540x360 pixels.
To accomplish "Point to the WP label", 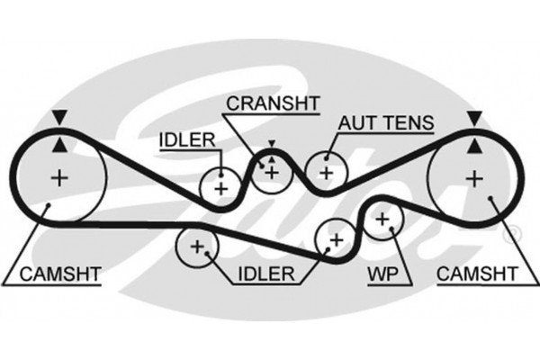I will coord(379,271).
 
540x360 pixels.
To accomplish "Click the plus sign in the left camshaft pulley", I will coord(59,177).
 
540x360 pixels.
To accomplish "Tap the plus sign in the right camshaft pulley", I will coord(473,177).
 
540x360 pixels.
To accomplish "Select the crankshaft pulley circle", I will coord(271,171).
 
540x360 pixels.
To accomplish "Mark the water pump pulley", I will coord(382,218).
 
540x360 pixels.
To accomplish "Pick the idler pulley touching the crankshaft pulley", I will coord(220,187).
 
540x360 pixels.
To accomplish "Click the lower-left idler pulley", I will coord(194,246).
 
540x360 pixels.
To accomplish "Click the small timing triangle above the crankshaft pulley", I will coord(270,143).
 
